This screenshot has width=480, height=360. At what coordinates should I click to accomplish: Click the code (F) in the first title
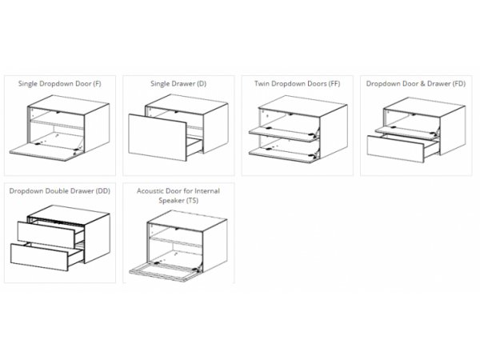[x=97, y=83]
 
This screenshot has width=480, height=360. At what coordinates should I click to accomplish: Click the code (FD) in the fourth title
[x=459, y=83]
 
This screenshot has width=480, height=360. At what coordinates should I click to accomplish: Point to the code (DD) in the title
[x=103, y=191]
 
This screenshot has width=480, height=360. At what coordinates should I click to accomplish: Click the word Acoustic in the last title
[x=150, y=191]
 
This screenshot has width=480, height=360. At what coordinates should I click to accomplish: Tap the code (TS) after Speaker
[x=192, y=201]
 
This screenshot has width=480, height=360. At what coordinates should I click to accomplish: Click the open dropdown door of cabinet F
[x=46, y=151]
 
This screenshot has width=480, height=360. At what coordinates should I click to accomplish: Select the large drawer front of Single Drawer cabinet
[x=158, y=138]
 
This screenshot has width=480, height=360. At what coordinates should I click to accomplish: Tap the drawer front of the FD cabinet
[x=395, y=149]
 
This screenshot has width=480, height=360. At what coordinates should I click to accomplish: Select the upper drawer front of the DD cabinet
[x=46, y=234]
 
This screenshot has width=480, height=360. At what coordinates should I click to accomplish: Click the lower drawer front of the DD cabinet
[x=39, y=257]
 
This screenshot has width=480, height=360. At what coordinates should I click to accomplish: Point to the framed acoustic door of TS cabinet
[x=165, y=273]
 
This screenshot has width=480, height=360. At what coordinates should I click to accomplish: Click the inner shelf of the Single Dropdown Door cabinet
[x=57, y=124]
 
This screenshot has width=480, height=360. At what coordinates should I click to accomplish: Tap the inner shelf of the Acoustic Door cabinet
[x=176, y=242]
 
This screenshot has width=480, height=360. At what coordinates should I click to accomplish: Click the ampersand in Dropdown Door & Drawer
[x=422, y=83]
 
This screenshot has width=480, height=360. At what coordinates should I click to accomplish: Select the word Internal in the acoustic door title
[x=208, y=191]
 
